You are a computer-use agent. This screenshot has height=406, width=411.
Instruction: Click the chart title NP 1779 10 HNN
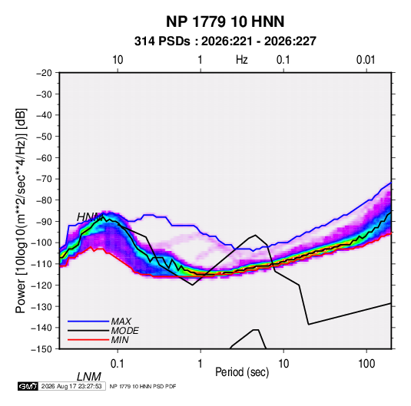[225, 21]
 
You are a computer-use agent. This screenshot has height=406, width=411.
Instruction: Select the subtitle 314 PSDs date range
[225, 41]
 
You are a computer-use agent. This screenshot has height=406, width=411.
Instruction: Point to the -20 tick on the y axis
[44, 73]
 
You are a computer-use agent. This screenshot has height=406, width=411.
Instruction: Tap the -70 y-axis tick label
[44, 179]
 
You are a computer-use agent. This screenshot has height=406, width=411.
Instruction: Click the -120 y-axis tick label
[42, 286]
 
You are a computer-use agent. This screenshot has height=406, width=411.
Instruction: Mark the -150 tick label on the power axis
[42, 349]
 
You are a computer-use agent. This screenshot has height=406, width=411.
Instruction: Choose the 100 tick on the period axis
[366, 364]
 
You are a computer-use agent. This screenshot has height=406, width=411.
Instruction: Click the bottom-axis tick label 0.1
[117, 364]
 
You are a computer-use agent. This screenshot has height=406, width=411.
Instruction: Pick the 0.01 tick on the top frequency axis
[366, 60]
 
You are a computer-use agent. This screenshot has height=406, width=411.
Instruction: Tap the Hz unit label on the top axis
[242, 60]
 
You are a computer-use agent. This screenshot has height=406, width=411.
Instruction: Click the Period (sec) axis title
[242, 372]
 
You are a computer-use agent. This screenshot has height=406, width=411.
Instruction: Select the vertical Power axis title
[21, 210]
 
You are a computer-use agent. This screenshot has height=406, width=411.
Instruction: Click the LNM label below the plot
[88, 377]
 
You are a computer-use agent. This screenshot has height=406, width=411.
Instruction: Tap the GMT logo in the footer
[28, 386]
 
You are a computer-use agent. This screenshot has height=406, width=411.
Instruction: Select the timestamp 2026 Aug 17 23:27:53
[71, 386]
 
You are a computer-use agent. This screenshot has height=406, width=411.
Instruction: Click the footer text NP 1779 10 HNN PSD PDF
[143, 386]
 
